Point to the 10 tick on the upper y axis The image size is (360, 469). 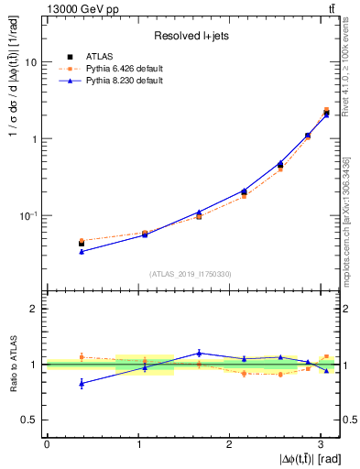31,62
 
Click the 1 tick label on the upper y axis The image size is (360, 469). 34,139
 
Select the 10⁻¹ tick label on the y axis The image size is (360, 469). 27,215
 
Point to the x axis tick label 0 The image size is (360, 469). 47,444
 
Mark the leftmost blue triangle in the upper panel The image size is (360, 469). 82,251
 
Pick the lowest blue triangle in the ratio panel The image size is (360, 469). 82,384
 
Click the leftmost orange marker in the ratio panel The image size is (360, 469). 82,356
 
